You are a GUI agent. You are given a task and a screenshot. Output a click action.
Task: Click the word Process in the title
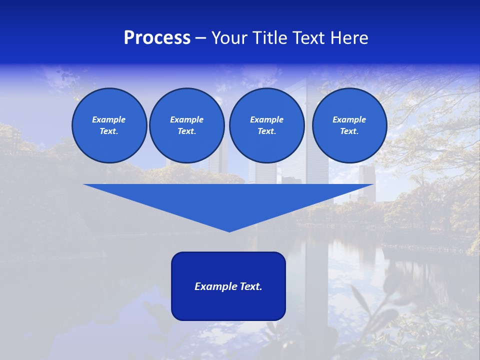coord(157,38)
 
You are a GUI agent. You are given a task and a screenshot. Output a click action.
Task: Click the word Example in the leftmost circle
coord(109,119)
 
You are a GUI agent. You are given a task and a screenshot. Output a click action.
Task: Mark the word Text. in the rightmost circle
coord(349,131)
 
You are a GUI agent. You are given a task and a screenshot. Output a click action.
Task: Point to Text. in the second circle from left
coord(187,131)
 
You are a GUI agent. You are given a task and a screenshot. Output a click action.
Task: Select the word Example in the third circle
coord(266,119)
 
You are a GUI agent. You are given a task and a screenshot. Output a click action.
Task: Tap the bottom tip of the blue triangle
coord(229,230)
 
